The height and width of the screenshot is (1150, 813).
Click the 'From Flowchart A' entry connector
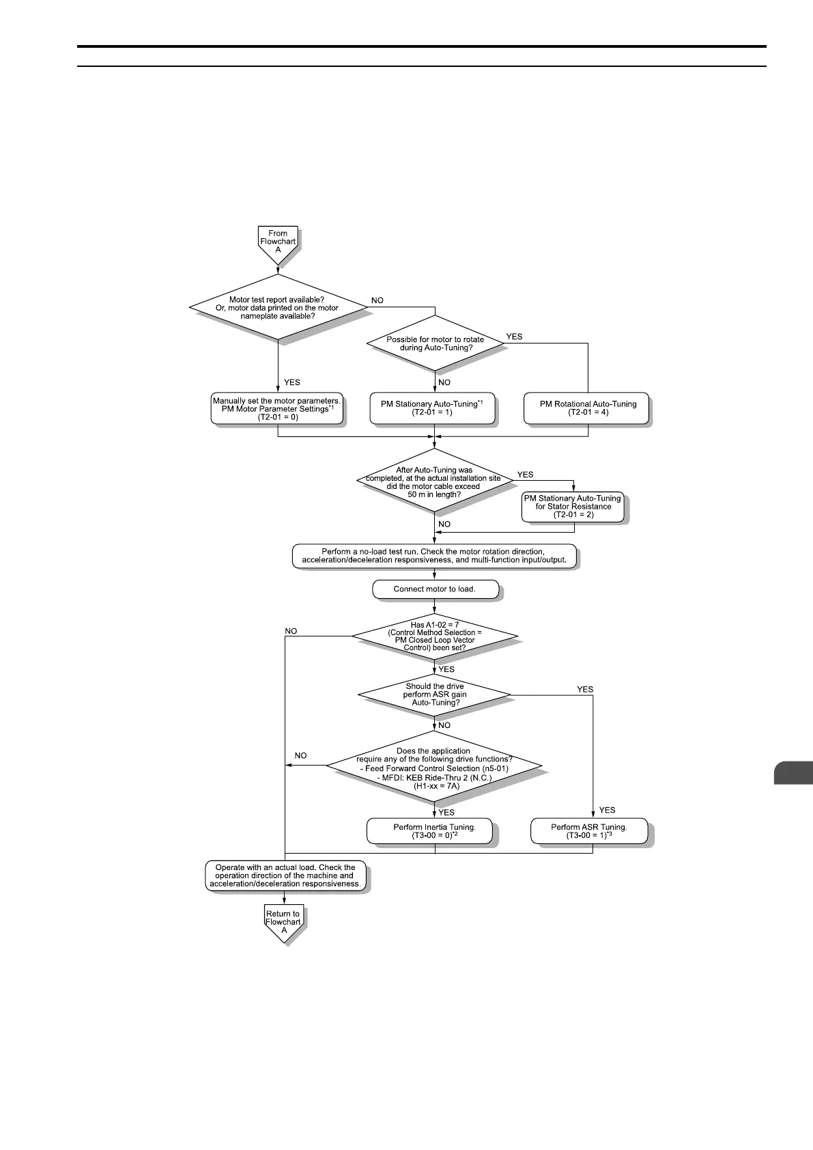coord(278,242)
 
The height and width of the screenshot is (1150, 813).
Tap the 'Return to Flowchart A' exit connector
coord(283,923)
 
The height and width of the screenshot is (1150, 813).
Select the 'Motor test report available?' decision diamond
coord(278,308)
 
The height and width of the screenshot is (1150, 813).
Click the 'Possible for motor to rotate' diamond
coord(435,343)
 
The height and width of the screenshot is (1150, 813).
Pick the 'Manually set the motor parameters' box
coord(278,408)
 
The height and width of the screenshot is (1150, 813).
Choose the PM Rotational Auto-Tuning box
coord(588,408)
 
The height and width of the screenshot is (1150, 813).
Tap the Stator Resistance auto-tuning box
coord(573,507)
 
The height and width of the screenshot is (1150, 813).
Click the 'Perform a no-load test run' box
coord(434,556)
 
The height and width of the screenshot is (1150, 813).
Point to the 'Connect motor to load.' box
coord(435,589)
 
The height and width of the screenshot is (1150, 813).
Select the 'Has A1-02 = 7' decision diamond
coord(435,636)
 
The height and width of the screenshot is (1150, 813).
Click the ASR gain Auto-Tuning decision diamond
coord(435,695)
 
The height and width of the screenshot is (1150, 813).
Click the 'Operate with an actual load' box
coord(285,875)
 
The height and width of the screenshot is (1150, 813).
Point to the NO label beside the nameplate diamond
coord(377,300)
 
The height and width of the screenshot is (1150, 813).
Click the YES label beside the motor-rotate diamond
coord(514,337)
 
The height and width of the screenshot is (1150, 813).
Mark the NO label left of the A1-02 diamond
coord(291,631)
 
